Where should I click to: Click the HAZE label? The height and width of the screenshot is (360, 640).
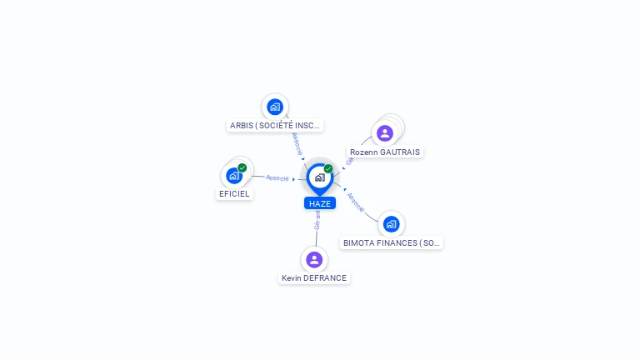[x=320, y=203]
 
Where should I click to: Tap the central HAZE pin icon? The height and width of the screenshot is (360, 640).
[x=320, y=177]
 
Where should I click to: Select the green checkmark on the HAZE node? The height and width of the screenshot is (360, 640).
[x=328, y=169]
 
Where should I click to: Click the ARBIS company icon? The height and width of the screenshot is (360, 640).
[x=275, y=107]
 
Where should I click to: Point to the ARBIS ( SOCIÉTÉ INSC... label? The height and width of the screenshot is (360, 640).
[x=275, y=126]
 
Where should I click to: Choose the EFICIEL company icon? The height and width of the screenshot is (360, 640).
[x=234, y=176]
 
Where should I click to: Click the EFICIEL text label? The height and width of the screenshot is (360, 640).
[x=234, y=194]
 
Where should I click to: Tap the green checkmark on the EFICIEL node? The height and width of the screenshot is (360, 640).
[x=242, y=168]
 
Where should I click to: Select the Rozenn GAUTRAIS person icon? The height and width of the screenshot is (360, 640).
[x=384, y=132]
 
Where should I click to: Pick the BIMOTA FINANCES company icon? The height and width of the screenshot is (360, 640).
[x=391, y=223]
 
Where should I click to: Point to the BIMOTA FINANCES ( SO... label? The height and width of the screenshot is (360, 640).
[x=392, y=243]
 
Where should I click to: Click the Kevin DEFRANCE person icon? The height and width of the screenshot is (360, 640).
[x=314, y=259]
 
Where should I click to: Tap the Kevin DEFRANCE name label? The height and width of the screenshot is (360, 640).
[x=314, y=278]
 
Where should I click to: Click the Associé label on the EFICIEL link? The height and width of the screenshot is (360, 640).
[x=277, y=178]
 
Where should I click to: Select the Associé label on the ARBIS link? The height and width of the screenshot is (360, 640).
[x=297, y=143]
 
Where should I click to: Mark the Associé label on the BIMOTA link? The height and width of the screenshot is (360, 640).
[x=356, y=202]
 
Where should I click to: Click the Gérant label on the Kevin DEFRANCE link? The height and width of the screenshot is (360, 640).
[x=317, y=220]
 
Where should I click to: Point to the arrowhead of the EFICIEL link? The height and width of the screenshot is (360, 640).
[x=294, y=179]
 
